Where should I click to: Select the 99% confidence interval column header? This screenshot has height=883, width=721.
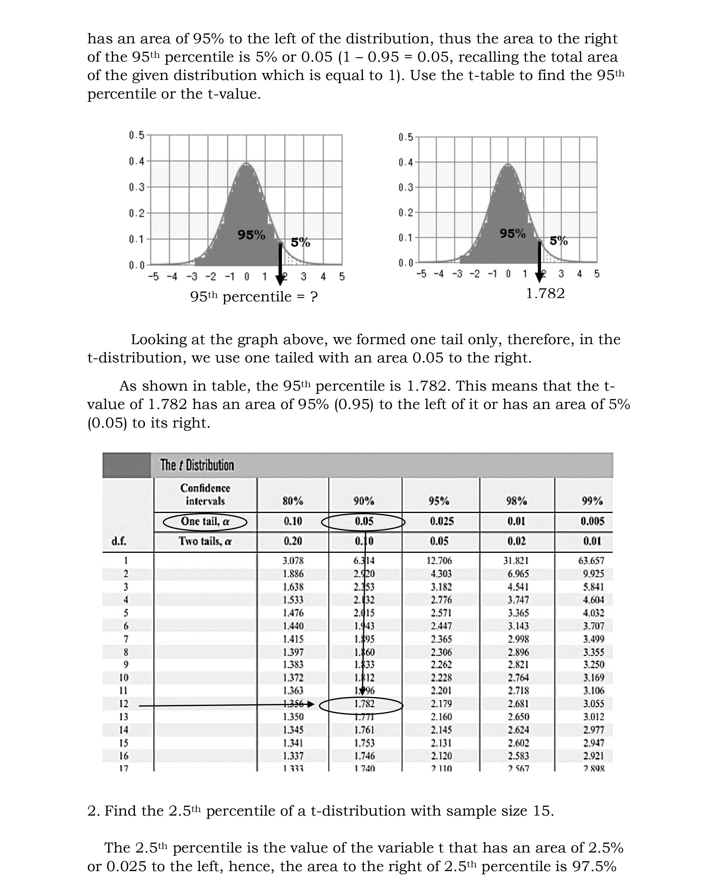592,501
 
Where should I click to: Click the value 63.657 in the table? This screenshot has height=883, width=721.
591,561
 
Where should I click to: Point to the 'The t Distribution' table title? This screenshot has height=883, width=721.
197,465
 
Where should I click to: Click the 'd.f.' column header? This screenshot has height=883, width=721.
119,541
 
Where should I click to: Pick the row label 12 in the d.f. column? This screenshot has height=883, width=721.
124,704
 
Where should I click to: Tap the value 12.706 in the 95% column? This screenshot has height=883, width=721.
439,561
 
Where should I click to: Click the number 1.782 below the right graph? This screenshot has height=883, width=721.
545,294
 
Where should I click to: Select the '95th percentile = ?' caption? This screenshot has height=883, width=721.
254,296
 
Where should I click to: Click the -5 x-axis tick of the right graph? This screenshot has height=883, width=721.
421,274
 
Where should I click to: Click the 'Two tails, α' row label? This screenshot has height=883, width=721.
205,541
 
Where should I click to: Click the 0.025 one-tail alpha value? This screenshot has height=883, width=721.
441,521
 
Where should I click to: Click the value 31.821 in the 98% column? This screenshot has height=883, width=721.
516,561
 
